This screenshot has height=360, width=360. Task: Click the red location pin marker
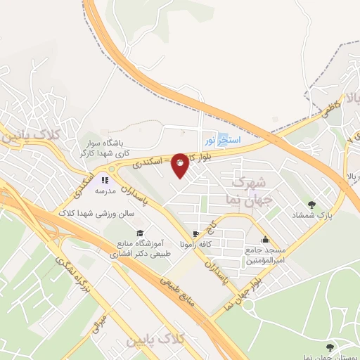tap(180, 164)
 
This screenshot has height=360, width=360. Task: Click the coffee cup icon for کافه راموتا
tap(195, 233)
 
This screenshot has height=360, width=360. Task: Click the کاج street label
tap(212, 225)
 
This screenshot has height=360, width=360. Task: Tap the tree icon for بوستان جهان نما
tap(329, 347)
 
